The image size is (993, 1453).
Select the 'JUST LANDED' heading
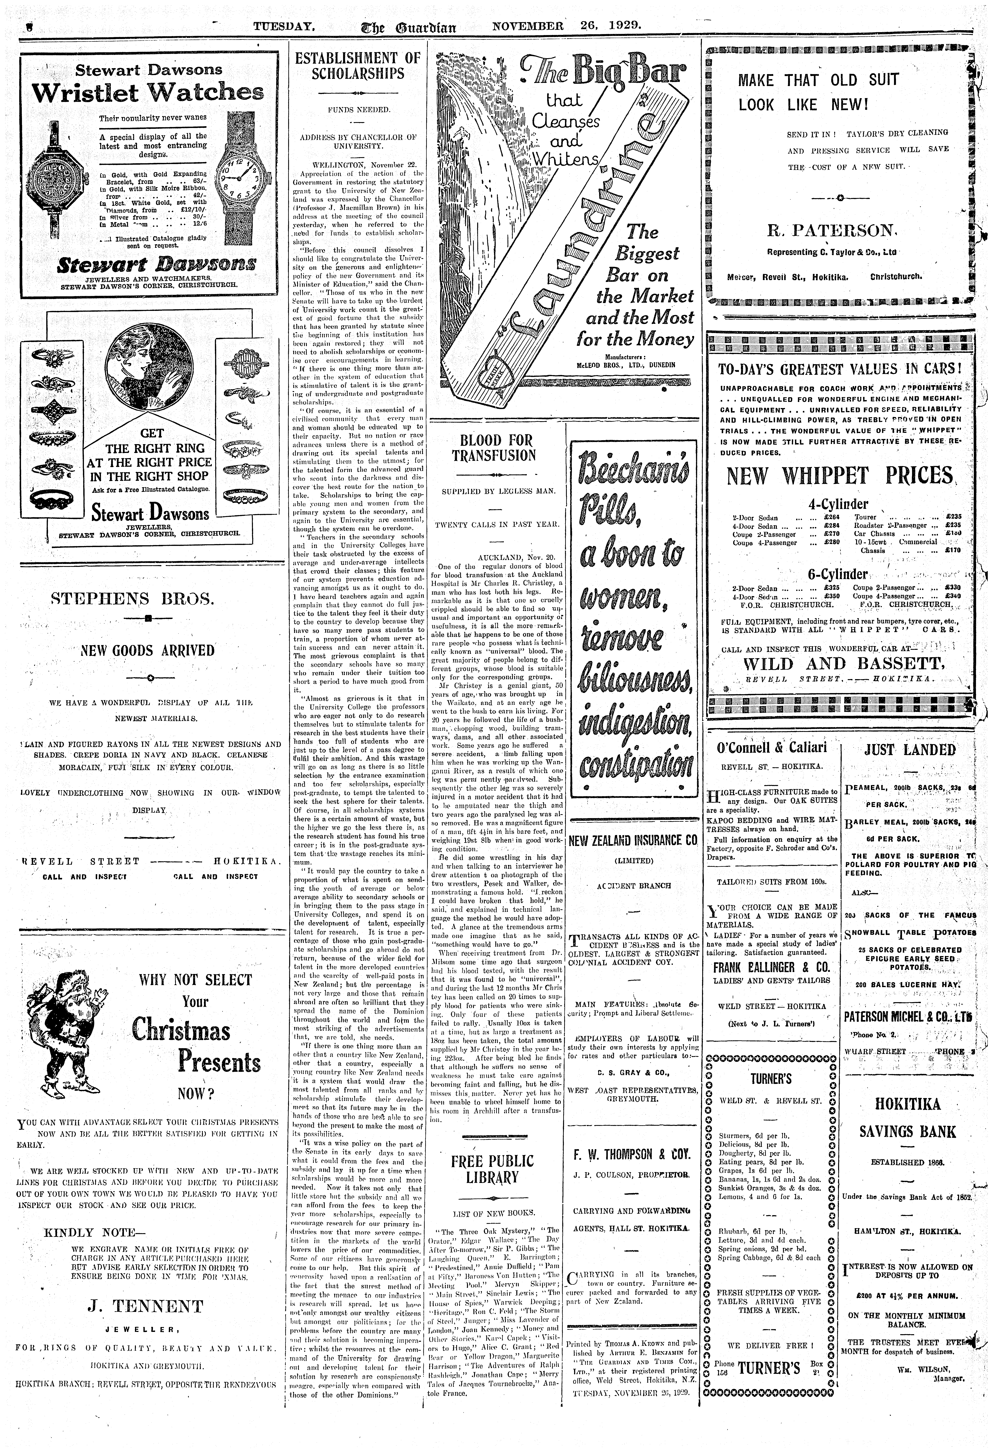(x=908, y=750)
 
